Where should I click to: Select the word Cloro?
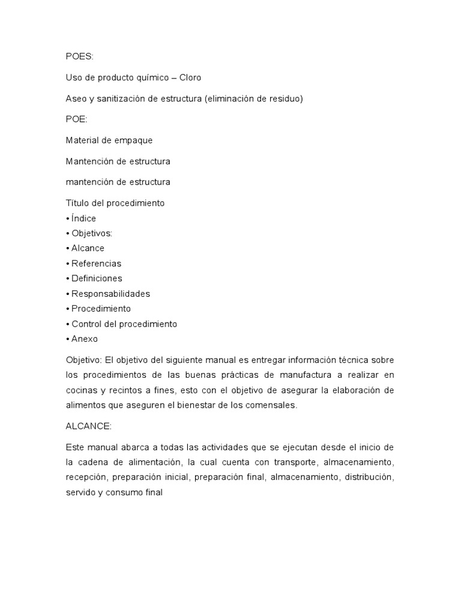(x=188, y=78)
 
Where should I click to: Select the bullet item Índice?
(x=83, y=218)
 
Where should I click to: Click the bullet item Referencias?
(x=95, y=263)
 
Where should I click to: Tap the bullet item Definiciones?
(x=96, y=278)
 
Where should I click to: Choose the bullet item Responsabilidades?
(x=110, y=294)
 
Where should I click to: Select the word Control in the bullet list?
(x=88, y=324)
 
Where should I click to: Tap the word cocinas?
(x=82, y=390)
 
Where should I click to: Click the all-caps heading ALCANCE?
(x=87, y=426)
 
